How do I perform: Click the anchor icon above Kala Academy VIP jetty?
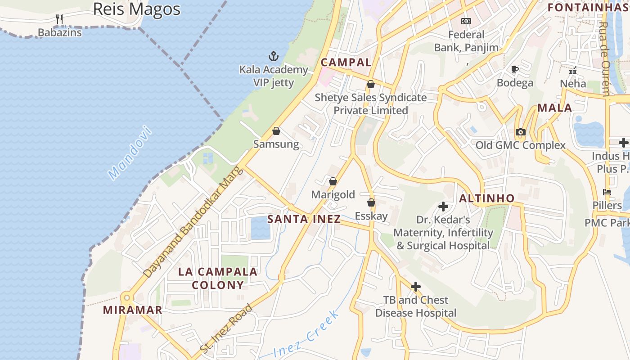click(273, 56)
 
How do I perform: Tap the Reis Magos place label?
click(136, 9)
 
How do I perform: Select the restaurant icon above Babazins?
click(59, 19)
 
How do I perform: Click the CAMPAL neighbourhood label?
click(346, 63)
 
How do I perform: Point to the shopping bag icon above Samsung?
click(276, 131)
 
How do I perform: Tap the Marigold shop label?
click(333, 195)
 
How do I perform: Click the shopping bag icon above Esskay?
click(371, 202)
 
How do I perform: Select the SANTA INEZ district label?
click(304, 220)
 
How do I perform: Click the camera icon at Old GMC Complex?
click(521, 132)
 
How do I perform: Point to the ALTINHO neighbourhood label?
click(486, 198)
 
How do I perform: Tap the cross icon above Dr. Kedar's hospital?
click(443, 207)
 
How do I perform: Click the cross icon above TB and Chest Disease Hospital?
click(416, 286)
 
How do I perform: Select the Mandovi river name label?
click(130, 153)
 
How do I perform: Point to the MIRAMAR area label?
click(132, 310)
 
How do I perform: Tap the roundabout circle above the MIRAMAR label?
click(127, 297)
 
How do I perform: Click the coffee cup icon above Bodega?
click(515, 69)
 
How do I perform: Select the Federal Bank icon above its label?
click(466, 21)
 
